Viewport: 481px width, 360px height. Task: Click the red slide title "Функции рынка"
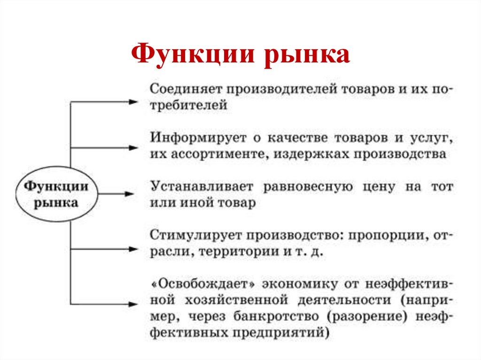240,55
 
